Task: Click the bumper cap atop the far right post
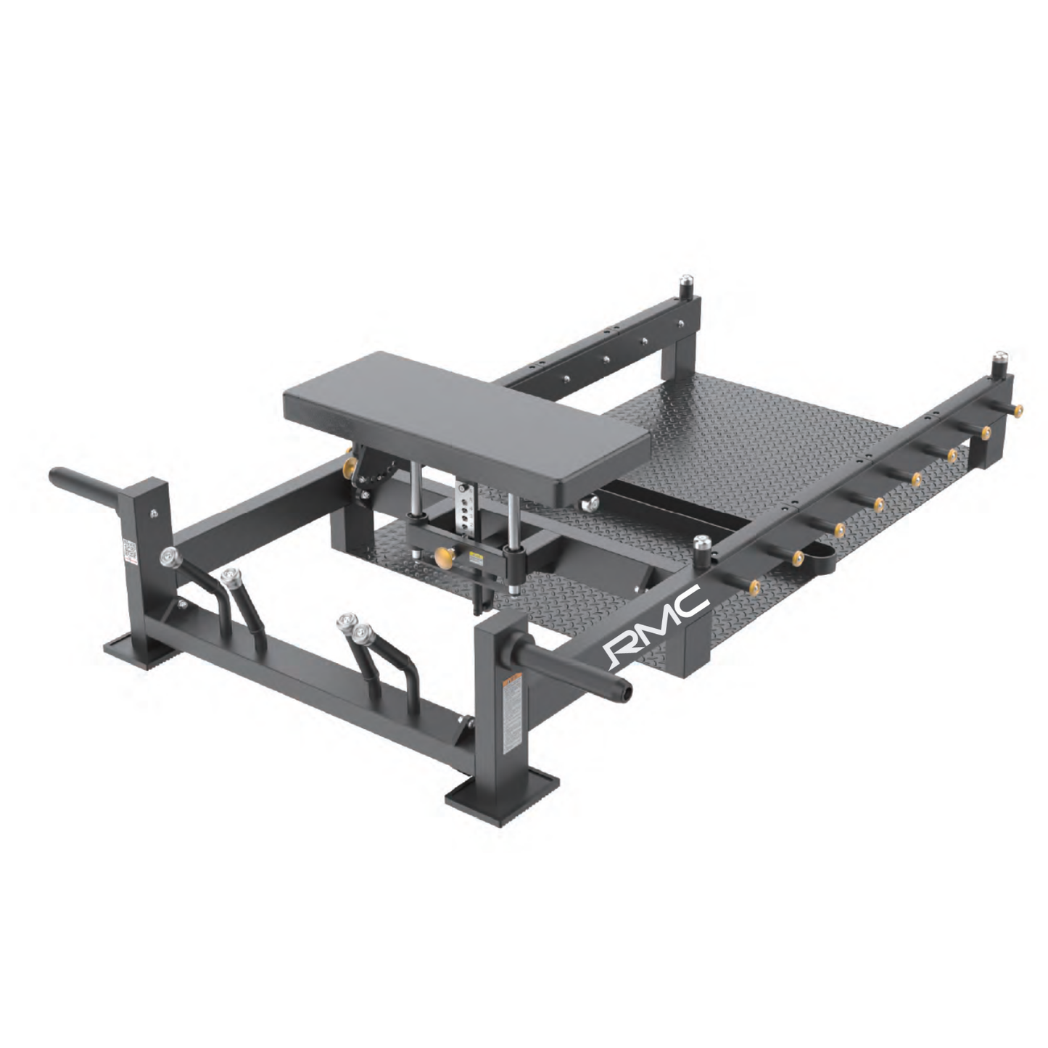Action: (x=999, y=358)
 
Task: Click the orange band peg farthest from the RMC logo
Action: (x=1019, y=410)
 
